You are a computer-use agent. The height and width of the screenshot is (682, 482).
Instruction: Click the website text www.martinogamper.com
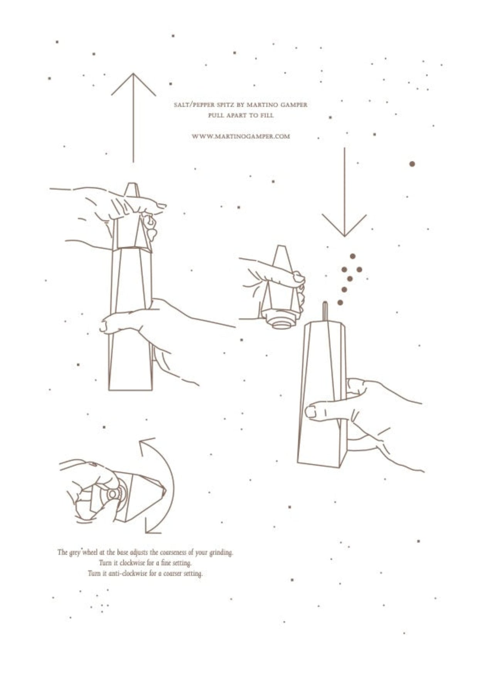pos(241,136)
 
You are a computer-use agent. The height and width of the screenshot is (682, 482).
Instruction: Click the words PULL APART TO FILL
pos(241,115)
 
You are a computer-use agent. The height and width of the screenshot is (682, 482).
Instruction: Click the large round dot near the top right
pos(412,164)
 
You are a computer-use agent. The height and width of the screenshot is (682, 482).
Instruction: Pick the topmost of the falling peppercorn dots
pos(352,256)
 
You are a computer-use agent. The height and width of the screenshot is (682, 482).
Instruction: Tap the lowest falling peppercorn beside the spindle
pos(340,303)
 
